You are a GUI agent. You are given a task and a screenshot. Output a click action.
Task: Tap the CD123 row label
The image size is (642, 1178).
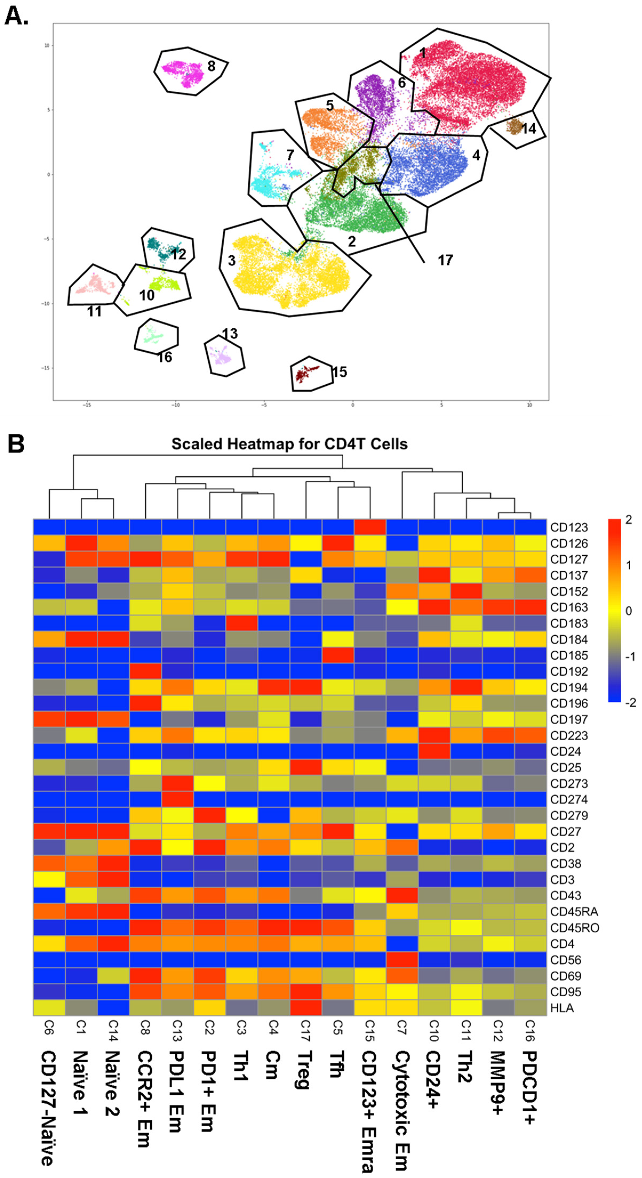(568, 527)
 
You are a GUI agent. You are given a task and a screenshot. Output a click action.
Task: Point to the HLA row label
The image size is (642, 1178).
(562, 1008)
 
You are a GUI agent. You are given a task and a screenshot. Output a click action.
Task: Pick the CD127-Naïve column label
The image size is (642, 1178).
(49, 1107)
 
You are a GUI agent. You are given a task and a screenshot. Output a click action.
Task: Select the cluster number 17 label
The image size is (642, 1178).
(445, 260)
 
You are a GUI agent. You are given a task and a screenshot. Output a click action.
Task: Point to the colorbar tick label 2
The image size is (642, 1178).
(628, 520)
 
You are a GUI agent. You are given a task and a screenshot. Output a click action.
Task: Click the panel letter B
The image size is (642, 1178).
(16, 444)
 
